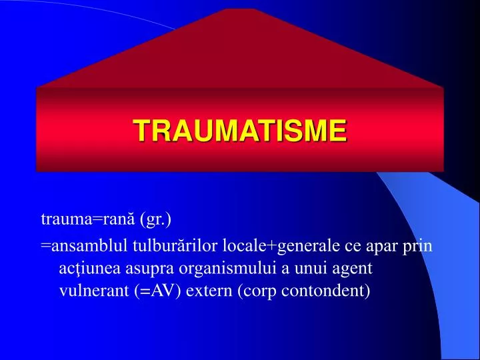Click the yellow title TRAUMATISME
pos(240,130)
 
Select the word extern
pos(209,291)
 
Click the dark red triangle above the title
pos(240,53)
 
